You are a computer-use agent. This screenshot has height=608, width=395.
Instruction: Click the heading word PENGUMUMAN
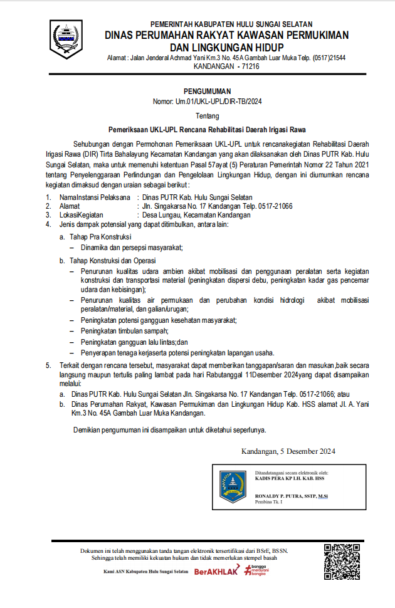coord(207,92)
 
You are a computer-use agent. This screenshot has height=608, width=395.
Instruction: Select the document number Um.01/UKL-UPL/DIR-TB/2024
coord(207,101)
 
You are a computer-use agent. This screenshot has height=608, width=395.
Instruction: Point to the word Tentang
coord(207,116)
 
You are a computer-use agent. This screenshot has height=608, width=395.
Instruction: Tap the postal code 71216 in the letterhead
coord(246,66)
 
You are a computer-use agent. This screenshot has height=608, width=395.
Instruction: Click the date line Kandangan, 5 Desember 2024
coord(288,451)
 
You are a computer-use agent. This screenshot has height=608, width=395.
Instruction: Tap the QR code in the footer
coord(341,562)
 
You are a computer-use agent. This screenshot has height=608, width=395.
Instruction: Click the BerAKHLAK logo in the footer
coord(216,571)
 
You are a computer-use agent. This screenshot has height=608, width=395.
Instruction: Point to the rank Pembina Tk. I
coord(269,503)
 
